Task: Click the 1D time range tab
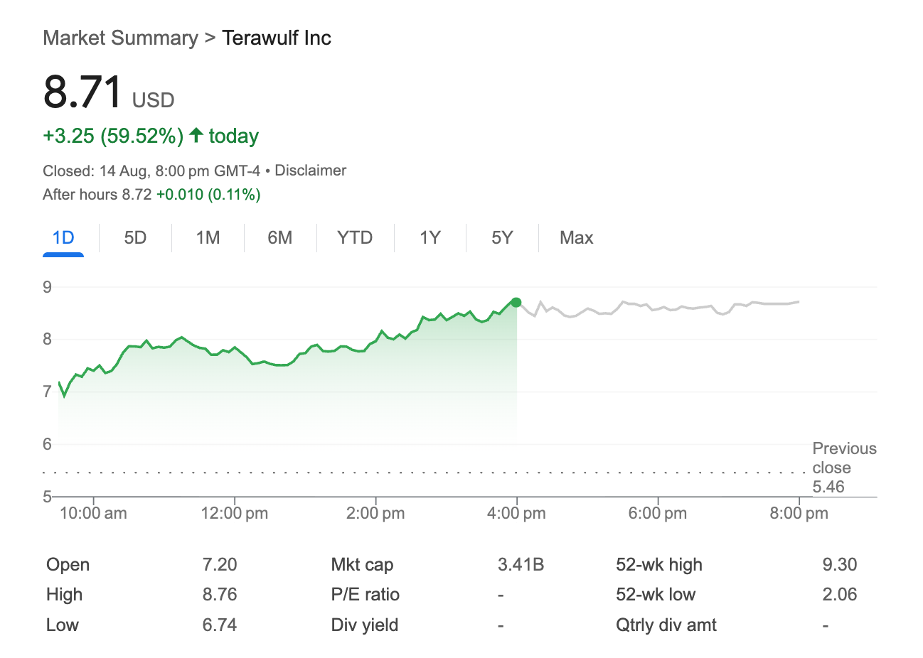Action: pyautogui.click(x=63, y=237)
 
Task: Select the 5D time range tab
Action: pyautogui.click(x=135, y=237)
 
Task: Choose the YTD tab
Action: pyautogui.click(x=355, y=237)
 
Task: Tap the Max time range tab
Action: pyautogui.click(x=576, y=237)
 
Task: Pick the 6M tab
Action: pyautogui.click(x=279, y=237)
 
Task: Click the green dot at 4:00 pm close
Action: pyautogui.click(x=516, y=303)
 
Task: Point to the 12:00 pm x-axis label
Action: pyautogui.click(x=235, y=513)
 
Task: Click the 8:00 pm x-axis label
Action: pyautogui.click(x=799, y=513)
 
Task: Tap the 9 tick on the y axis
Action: pyautogui.click(x=48, y=287)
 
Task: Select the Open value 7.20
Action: pyautogui.click(x=220, y=565)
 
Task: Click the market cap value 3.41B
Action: pyautogui.click(x=521, y=565)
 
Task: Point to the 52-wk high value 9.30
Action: pyautogui.click(x=839, y=565)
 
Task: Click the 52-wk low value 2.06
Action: pyautogui.click(x=839, y=595)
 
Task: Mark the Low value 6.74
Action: pyautogui.click(x=220, y=625)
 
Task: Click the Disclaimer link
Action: pyautogui.click(x=310, y=171)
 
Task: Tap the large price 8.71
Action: pyautogui.click(x=82, y=92)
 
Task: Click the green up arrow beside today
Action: pyautogui.click(x=196, y=135)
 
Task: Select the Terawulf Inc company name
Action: pyautogui.click(x=277, y=38)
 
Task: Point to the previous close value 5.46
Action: pyautogui.click(x=828, y=487)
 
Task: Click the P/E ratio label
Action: pyautogui.click(x=365, y=595)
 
